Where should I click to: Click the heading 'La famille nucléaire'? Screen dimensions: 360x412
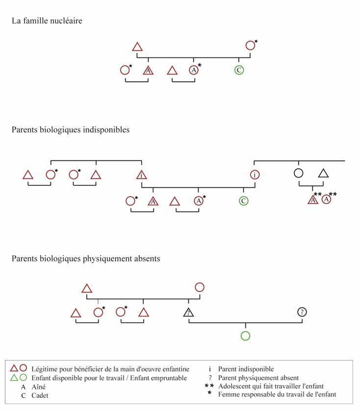point(47,21)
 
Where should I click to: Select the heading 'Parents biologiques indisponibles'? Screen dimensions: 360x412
point(71,130)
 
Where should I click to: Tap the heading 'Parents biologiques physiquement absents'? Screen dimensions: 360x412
point(86,258)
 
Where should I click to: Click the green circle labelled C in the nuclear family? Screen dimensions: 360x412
point(239,70)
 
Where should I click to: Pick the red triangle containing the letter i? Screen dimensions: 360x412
point(142,175)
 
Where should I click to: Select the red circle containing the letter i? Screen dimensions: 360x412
point(255,175)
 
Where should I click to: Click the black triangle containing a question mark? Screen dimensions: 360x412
point(188,312)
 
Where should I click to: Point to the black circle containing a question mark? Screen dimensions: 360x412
point(302,312)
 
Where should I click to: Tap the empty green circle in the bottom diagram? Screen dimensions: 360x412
point(245,336)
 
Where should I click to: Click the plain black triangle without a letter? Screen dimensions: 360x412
point(323,174)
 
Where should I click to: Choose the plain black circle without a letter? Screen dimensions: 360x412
point(299,173)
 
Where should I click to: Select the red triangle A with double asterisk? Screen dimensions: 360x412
point(313,200)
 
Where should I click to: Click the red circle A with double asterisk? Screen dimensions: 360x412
point(326,200)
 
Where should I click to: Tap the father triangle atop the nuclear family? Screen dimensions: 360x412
point(137,47)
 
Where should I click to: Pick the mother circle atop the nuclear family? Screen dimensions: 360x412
point(251,46)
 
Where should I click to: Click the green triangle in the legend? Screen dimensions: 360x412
point(14,378)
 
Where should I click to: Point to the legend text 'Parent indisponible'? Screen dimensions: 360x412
point(246,369)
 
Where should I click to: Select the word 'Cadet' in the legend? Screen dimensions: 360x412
point(40,395)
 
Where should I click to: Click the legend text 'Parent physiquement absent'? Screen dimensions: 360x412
point(258,378)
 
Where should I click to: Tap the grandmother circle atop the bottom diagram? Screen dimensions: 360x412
point(200,287)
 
